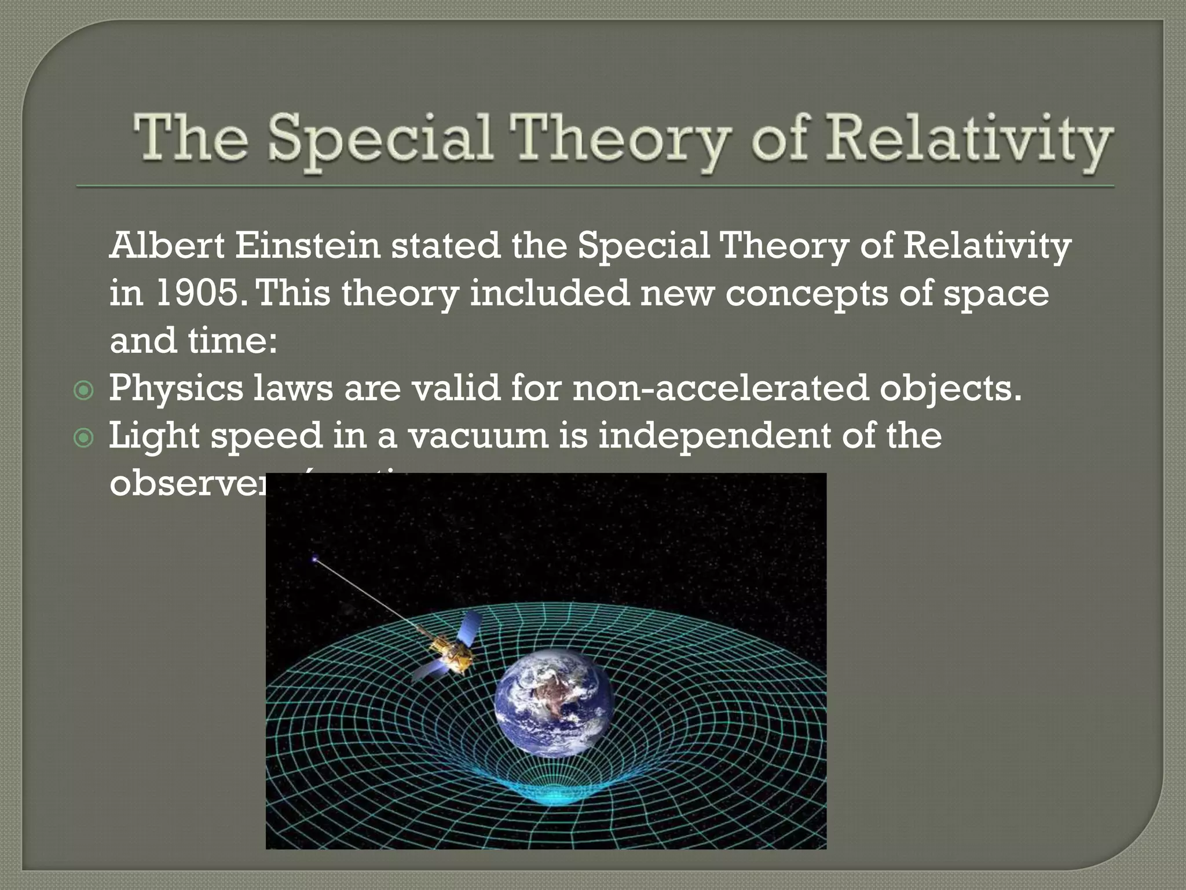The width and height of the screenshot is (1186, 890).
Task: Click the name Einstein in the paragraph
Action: click(308, 245)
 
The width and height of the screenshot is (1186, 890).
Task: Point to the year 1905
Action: click(197, 293)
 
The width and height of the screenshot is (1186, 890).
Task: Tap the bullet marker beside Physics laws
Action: click(84, 391)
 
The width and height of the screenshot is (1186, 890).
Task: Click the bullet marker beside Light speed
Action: click(84, 438)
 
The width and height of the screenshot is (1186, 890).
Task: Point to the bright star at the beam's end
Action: click(315, 559)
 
